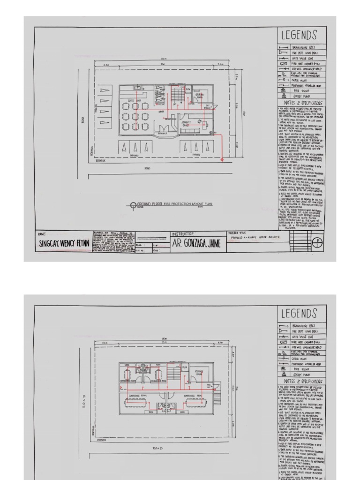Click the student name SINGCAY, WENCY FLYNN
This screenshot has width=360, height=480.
point(64,244)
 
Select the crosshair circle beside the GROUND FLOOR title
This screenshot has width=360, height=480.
point(133,205)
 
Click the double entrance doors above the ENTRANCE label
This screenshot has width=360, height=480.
point(162,127)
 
